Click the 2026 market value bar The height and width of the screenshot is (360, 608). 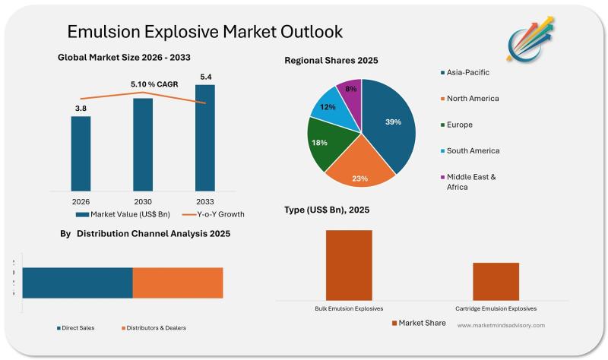pyautogui.click(x=81, y=153)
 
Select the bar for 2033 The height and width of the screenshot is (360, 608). pyautogui.click(x=205, y=137)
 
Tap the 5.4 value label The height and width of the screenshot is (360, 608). pyautogui.click(x=205, y=77)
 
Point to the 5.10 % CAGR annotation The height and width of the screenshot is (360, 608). pyautogui.click(x=154, y=84)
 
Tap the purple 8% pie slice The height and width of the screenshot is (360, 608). pyautogui.click(x=350, y=93)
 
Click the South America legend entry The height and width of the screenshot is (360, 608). pyautogui.click(x=472, y=150)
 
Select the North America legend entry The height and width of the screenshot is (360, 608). pyautogui.click(x=472, y=98)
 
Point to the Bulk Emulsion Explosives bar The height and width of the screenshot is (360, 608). pyautogui.click(x=349, y=264)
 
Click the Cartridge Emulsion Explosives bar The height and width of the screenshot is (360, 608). pyautogui.click(x=496, y=281)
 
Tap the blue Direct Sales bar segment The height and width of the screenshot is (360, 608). pyautogui.click(x=78, y=283)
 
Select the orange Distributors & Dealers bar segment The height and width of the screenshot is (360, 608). pyautogui.click(x=178, y=283)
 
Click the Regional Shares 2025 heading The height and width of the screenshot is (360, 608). pyautogui.click(x=331, y=60)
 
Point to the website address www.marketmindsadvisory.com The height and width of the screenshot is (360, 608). pyautogui.click(x=501, y=325)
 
